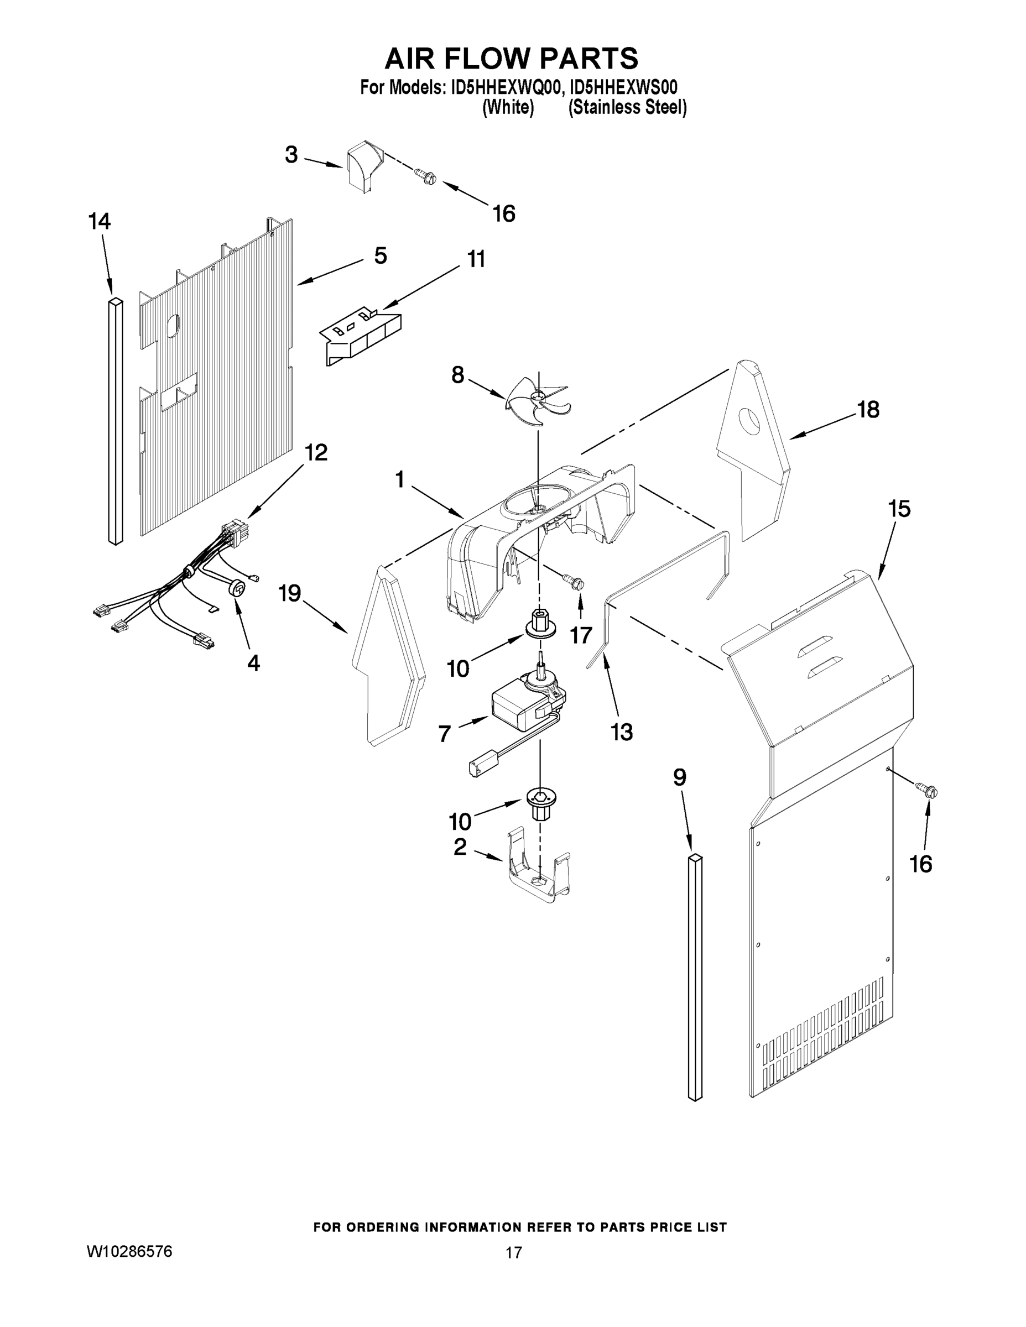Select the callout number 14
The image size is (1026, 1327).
point(99,222)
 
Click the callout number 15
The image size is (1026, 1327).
point(899,509)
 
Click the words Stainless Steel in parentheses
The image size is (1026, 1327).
point(627,108)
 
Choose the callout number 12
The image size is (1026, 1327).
point(315,453)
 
